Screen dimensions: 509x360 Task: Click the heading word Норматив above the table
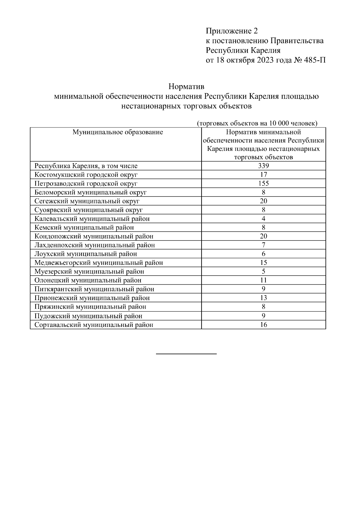tap(186, 87)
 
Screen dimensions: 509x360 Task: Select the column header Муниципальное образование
tap(118, 132)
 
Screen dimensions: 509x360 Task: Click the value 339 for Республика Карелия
tap(263, 166)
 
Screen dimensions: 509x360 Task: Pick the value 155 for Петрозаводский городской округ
tap(263, 184)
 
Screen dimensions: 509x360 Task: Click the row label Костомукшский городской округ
tap(86, 175)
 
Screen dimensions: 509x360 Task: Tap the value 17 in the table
tap(263, 175)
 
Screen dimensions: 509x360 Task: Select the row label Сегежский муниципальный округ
tap(87, 201)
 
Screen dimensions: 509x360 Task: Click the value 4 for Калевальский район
tap(263, 219)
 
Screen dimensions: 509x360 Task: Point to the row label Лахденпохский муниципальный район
tap(94, 245)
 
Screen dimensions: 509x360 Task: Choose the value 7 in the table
tap(263, 245)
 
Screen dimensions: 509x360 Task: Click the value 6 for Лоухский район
tap(263, 254)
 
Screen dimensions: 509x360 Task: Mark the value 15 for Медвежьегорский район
tap(263, 263)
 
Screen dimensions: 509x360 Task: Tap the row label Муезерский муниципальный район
tap(89, 271)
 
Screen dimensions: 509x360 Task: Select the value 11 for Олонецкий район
tap(263, 280)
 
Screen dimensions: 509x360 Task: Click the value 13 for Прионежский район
tap(263, 298)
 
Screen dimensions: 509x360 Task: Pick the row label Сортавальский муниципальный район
tap(94, 325)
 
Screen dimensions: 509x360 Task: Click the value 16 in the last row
tap(263, 325)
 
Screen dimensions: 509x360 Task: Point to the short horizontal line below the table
tap(186, 354)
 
